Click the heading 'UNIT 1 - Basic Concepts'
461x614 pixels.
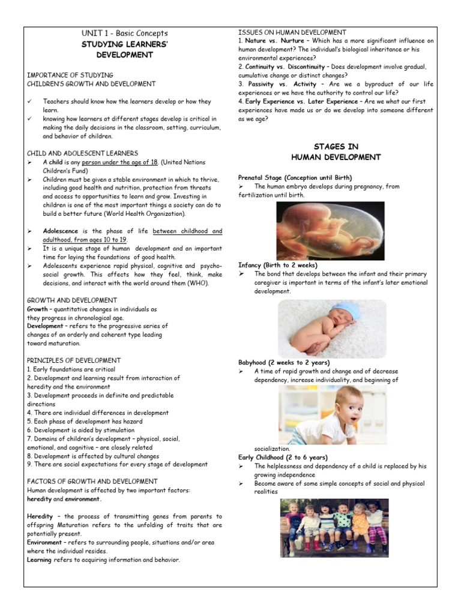point(125,33)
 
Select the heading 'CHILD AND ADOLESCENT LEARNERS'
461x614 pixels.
point(82,153)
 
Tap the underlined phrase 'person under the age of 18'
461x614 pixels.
point(119,162)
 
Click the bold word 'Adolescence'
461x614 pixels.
point(61,231)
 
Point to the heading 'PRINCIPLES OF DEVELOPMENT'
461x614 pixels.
point(74,360)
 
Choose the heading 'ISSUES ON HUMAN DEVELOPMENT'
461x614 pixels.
point(292,32)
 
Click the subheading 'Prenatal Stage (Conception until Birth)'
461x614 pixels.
point(295,177)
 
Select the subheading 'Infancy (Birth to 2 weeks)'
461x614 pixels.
point(278,265)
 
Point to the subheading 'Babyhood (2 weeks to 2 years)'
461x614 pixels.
point(284,363)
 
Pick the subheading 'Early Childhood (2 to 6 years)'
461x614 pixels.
point(283,457)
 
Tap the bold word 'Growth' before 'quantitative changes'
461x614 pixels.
point(37,309)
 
